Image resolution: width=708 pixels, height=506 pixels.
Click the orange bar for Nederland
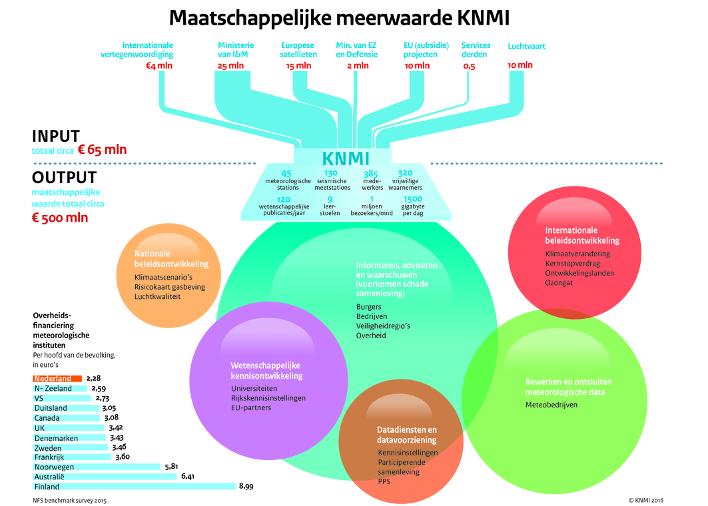(x=57, y=379)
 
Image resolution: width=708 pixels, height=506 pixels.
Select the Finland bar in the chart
(x=134, y=487)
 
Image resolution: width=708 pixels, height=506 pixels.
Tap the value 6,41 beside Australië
(x=188, y=476)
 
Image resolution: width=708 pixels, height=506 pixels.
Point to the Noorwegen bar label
(x=54, y=467)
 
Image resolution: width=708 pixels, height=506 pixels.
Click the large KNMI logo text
(x=346, y=159)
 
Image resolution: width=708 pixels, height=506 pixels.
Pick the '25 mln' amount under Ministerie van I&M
(x=230, y=66)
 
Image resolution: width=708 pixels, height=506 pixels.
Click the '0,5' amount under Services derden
(x=469, y=67)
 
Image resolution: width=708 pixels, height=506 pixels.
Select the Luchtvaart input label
(x=526, y=46)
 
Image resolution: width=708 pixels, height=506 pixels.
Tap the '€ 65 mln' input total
(x=102, y=150)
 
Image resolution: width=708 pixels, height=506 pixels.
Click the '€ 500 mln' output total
(x=60, y=218)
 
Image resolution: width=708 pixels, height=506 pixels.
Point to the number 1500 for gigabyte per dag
(x=413, y=199)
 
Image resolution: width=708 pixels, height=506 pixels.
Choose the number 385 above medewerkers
(x=371, y=173)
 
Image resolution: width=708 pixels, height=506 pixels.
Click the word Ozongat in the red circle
(x=559, y=283)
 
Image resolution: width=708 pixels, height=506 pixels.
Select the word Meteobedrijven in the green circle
(x=551, y=405)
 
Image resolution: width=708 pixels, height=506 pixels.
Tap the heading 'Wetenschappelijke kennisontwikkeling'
(x=266, y=371)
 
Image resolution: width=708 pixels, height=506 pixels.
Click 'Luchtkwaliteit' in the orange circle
(x=157, y=296)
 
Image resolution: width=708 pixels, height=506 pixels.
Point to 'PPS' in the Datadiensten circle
(x=384, y=481)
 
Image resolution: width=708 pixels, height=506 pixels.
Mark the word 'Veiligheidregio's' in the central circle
(x=383, y=326)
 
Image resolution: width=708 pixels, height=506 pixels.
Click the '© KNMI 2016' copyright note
(x=645, y=500)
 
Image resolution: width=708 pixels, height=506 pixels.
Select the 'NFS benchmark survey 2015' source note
(x=69, y=501)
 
